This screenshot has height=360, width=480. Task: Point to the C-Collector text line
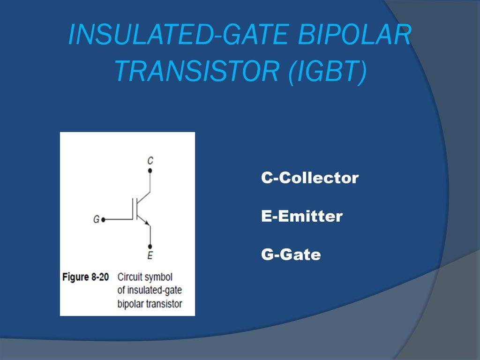click(x=310, y=178)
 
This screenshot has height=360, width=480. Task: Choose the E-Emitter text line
click(x=301, y=217)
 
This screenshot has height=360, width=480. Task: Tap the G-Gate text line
click(x=291, y=255)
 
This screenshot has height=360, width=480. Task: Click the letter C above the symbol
click(x=150, y=161)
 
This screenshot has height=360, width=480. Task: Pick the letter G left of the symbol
click(x=96, y=219)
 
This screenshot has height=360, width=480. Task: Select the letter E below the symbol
click(x=150, y=255)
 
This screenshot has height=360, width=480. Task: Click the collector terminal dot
click(x=150, y=171)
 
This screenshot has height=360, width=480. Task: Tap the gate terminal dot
click(x=103, y=219)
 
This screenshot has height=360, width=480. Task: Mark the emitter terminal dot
click(x=150, y=247)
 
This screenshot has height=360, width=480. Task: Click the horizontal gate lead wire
click(x=117, y=219)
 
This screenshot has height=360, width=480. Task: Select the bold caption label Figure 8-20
click(x=85, y=277)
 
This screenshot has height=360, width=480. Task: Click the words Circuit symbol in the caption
click(x=145, y=277)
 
